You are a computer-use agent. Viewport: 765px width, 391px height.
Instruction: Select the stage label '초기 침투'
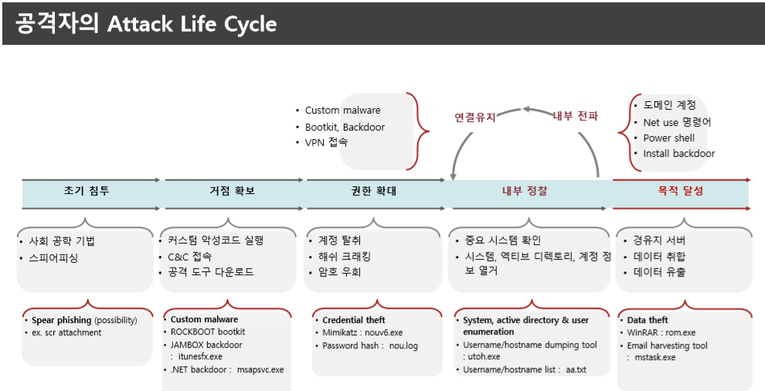[86, 191]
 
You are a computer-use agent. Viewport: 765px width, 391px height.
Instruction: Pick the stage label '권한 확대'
[373, 191]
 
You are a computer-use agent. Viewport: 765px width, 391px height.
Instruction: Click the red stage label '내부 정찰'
[525, 191]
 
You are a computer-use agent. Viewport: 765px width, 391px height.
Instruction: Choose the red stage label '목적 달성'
[681, 191]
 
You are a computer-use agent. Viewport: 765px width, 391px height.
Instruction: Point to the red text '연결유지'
[474, 117]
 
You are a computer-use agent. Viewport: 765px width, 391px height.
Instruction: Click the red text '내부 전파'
[576, 116]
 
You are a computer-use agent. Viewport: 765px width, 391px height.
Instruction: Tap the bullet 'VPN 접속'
[326, 143]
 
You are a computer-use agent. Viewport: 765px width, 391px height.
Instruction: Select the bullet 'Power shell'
[668, 138]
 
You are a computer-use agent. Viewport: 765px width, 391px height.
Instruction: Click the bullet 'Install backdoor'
[678, 153]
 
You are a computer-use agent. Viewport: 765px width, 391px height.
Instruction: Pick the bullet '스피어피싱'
[53, 258]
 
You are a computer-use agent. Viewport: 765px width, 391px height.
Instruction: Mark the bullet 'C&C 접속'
[189, 257]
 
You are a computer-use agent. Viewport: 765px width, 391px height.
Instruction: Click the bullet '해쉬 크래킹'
[345, 257]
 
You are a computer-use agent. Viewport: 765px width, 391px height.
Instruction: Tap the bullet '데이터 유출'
[659, 272]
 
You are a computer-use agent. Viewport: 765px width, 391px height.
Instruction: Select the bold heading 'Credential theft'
[354, 320]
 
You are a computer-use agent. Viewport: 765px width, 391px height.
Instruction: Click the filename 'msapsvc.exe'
[260, 369]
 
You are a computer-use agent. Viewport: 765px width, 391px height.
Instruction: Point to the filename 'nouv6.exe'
[386, 332]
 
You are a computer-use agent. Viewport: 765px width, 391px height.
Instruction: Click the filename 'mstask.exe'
[654, 358]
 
